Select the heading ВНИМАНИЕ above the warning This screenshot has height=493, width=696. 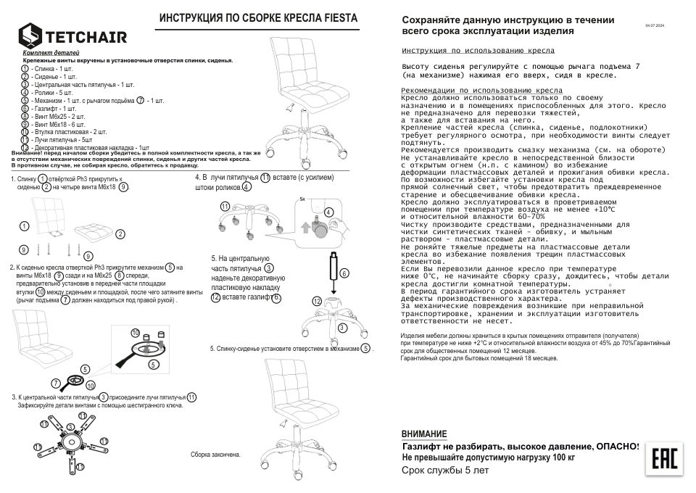tap(424, 434)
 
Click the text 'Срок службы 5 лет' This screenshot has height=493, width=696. tap(445, 470)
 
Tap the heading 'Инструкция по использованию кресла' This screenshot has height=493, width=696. tap(478, 51)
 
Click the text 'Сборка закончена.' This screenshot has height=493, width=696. tap(215, 454)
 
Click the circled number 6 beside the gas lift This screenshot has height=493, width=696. tap(344, 273)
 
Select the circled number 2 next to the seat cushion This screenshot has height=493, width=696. tap(120, 233)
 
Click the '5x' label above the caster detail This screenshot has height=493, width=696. tap(303, 198)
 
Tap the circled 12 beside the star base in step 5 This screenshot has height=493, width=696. tap(316, 300)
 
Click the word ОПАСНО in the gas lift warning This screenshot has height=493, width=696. tap(616, 446)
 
